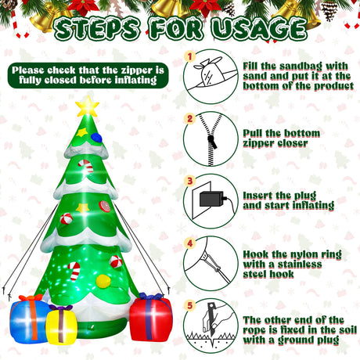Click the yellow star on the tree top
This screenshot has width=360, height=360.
(x=87, y=106)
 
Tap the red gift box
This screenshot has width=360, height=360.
(x=151, y=319)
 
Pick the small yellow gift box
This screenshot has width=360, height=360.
(x=61, y=324)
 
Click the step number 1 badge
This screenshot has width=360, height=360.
(x=190, y=56)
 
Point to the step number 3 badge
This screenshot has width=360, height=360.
(x=190, y=181)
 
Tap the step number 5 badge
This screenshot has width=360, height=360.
(x=190, y=305)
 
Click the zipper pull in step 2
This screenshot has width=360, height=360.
(x=211, y=142)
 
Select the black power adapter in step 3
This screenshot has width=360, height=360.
(x=212, y=199)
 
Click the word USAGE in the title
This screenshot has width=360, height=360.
(x=259, y=28)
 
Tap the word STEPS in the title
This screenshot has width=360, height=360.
(x=97, y=28)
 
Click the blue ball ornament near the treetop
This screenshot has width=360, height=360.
(x=96, y=138)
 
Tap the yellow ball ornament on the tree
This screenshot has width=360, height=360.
(x=103, y=281)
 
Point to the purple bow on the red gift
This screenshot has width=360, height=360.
(x=151, y=296)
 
